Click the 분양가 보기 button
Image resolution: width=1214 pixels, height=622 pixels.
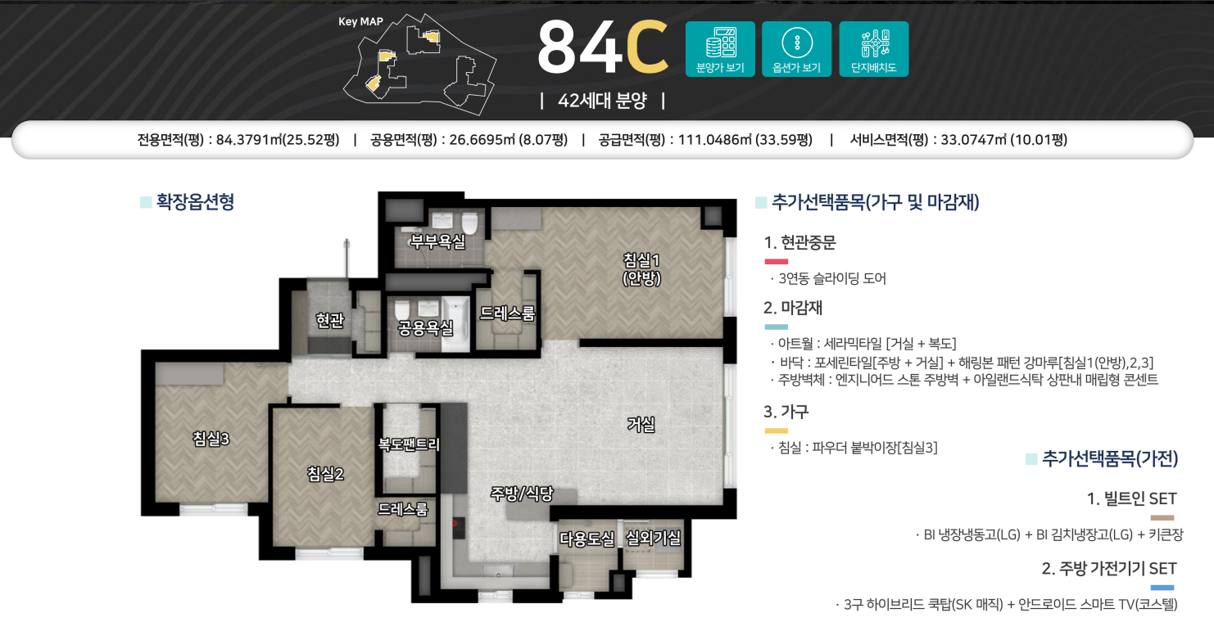click(720, 49)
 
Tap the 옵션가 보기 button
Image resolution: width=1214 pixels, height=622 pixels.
click(796, 49)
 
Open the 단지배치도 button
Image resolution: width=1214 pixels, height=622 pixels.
click(873, 49)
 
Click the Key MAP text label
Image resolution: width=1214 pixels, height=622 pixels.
click(360, 21)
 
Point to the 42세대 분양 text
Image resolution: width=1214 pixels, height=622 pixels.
click(602, 101)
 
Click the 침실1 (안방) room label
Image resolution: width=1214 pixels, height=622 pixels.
click(641, 269)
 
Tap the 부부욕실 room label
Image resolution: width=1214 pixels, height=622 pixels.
click(437, 241)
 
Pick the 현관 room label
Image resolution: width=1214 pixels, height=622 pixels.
click(329, 322)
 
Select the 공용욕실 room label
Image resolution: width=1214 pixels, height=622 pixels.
click(425, 328)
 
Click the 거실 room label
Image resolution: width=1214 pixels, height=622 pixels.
click(641, 424)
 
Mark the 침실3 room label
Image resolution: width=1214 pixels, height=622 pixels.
click(211, 439)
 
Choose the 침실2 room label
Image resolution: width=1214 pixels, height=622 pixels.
click(325, 473)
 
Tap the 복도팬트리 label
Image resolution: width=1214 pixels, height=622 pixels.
click(409, 444)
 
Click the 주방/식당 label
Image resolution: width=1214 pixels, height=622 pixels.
click(522, 494)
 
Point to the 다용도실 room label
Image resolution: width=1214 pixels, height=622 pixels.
click(587, 539)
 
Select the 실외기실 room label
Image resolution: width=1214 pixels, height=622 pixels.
click(653, 538)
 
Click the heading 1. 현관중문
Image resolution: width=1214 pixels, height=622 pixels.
click(800, 242)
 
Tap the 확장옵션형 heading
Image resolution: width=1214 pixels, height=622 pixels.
click(195, 202)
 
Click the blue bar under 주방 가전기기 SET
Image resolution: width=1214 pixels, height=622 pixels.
click(1162, 588)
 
